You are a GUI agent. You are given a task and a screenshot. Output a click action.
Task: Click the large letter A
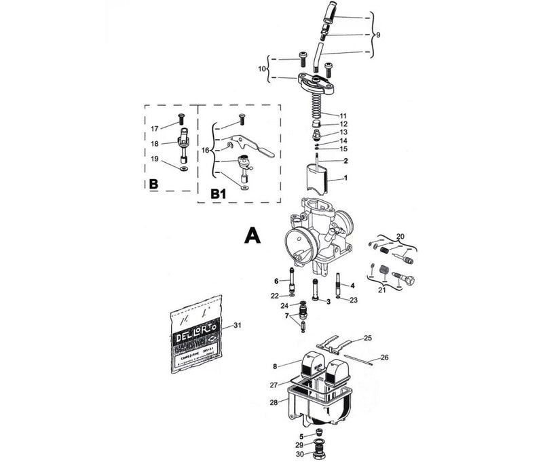tap(252, 235)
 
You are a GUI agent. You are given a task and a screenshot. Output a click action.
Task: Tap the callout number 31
tap(237, 326)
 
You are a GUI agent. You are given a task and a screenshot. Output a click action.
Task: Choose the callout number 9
tap(378, 35)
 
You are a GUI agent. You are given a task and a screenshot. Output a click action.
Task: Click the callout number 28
tap(274, 403)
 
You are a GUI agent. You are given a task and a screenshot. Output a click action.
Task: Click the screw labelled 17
tap(182, 119)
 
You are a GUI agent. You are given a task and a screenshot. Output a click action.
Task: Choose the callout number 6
tap(277, 281)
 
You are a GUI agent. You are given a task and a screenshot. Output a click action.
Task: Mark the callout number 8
tap(275, 366)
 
